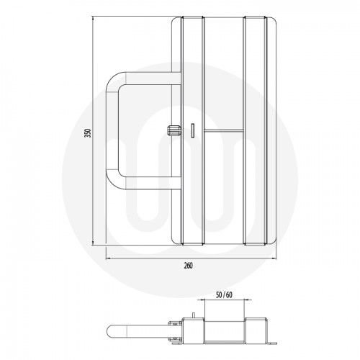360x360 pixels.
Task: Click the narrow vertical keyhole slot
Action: (193, 130)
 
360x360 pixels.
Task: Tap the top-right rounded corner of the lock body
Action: (271, 20)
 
